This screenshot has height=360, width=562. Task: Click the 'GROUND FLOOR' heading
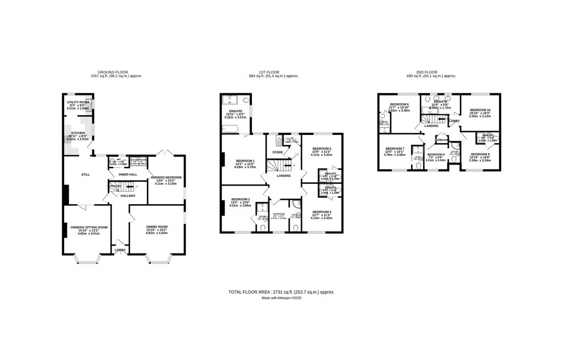[113, 72]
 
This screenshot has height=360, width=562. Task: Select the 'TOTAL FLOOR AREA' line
[281, 292]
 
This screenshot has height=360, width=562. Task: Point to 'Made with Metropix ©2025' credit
[281, 298]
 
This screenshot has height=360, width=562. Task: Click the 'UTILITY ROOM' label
[77, 102]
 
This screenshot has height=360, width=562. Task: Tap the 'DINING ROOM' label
[156, 227]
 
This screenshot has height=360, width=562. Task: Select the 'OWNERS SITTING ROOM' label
[89, 227]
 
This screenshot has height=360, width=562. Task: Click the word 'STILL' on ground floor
[85, 175]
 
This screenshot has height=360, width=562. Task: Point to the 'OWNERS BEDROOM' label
[166, 177]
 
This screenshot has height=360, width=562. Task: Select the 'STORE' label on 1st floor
[277, 152]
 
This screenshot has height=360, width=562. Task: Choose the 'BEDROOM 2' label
[240, 199]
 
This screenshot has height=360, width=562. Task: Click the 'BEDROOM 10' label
[480, 110]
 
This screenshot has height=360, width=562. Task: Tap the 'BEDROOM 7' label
[395, 149]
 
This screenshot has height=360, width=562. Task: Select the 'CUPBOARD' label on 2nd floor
[442, 140]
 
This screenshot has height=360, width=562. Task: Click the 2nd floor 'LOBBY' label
[454, 121]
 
